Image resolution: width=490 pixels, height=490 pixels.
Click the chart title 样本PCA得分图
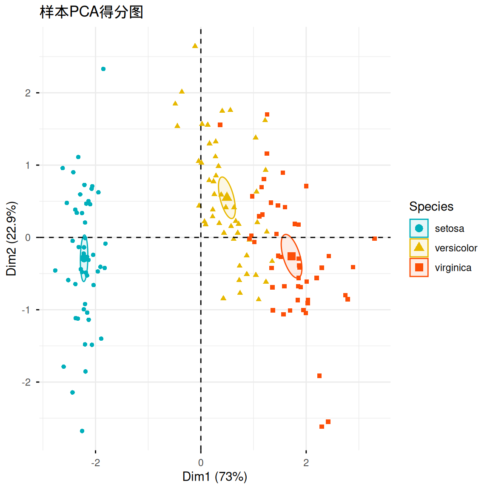point(91,12)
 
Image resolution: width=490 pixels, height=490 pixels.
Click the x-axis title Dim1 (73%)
point(214,476)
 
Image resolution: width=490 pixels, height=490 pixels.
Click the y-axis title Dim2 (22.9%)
point(12,239)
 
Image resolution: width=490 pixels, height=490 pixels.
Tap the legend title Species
point(431,207)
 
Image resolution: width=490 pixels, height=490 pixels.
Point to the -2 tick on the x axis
point(96,463)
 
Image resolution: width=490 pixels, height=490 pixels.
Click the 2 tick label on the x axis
point(306,463)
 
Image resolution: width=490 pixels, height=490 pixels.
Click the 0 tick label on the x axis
point(201,463)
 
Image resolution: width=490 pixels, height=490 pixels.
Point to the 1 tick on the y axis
point(28,165)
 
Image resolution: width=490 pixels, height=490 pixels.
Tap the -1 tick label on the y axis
point(26,310)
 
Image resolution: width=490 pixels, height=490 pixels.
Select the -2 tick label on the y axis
point(26,382)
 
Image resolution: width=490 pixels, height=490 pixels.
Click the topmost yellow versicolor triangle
point(195,46)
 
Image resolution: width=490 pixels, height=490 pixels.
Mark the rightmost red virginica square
point(375,239)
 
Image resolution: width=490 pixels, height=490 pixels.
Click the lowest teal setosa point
point(82,431)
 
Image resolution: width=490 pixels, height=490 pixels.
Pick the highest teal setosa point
point(103,69)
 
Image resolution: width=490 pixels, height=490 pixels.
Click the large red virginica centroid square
point(291,256)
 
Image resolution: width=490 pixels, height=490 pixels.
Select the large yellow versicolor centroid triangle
point(228,197)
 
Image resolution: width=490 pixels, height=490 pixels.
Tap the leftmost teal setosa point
point(55,271)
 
